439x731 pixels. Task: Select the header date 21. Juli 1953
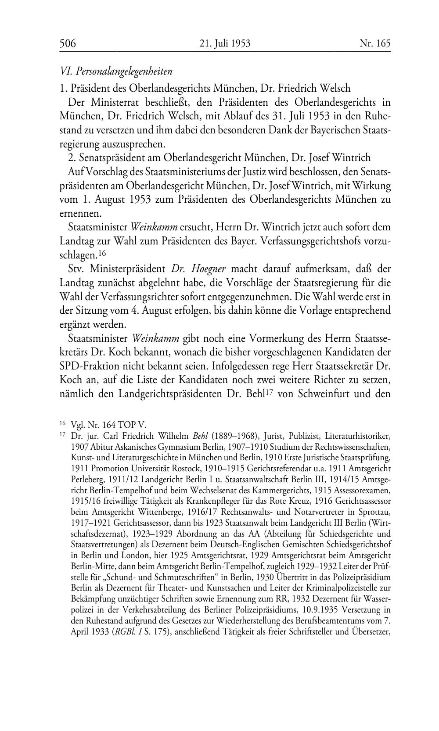(x=225, y=43)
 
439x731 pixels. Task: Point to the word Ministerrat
(x=116, y=103)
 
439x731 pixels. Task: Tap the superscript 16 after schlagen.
(x=102, y=253)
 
